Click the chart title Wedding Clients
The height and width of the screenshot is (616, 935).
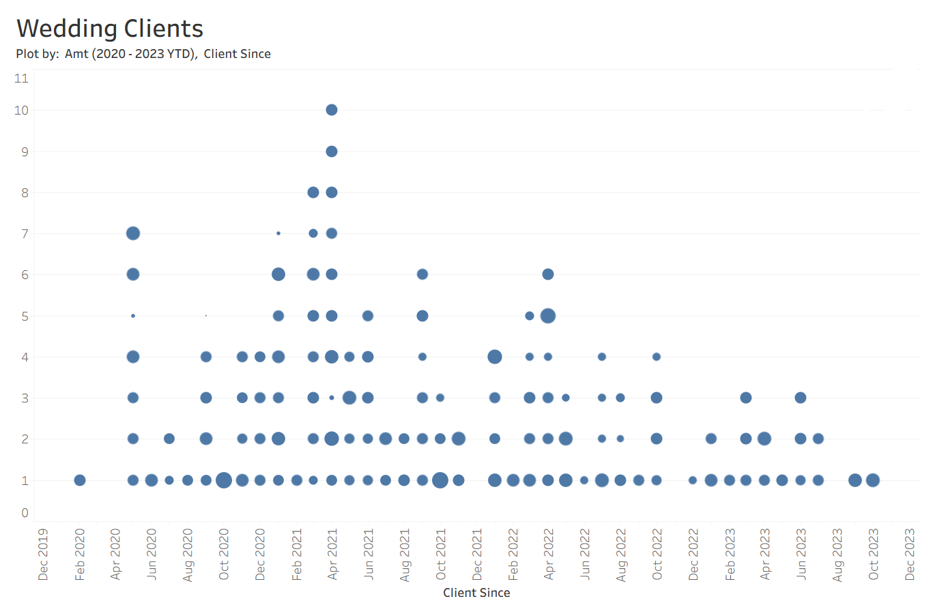click(110, 29)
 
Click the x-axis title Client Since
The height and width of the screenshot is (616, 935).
click(476, 593)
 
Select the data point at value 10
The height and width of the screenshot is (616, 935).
click(332, 110)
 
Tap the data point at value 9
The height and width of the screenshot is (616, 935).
click(332, 151)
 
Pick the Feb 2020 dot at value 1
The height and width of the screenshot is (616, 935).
click(80, 480)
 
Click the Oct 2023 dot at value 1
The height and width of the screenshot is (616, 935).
click(873, 480)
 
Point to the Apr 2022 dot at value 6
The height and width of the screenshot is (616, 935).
click(548, 274)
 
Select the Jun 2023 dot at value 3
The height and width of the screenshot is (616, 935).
click(801, 398)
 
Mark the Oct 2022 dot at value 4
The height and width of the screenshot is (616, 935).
click(657, 357)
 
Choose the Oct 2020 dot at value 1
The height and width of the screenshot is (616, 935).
click(224, 480)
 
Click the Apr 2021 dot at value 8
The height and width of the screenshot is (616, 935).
click(332, 192)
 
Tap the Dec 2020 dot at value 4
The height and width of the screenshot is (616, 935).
click(260, 357)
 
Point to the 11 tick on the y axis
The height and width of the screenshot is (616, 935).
click(22, 78)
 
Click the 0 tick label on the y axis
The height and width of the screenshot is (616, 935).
click(25, 513)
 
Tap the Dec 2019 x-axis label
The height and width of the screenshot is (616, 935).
click(44, 554)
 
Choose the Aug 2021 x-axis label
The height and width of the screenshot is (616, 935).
click(405, 554)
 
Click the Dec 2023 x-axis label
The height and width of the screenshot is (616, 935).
click(909, 554)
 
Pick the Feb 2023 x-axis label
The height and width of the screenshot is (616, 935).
click(730, 554)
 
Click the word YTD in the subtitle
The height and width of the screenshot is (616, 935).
click(180, 54)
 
